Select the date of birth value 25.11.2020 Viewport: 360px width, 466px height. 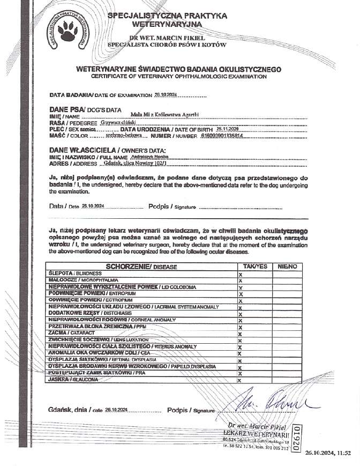point(228,129)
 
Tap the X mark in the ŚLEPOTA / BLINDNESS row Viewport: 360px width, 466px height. point(240,273)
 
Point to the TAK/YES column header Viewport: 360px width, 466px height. point(254,267)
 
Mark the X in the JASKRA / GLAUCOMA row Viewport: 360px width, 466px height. point(240,380)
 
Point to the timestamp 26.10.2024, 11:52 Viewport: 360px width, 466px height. point(328,453)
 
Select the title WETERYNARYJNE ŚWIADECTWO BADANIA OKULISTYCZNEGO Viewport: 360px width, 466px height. point(179,70)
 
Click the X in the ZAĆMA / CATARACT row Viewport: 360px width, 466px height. point(240,334)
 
